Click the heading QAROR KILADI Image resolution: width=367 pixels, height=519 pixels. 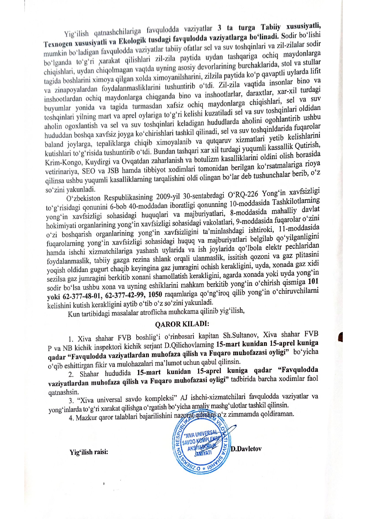tap(182, 324)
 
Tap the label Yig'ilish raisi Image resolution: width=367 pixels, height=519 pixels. tap(89, 452)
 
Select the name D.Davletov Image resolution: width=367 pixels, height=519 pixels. tap(246, 449)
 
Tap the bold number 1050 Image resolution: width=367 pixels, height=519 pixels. tap(155, 294)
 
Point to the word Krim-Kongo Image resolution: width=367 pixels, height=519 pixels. tap(64, 163)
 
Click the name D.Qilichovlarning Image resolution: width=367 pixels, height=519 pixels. tap(189, 345)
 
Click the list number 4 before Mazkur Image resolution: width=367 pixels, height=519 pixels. tap(71, 418)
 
